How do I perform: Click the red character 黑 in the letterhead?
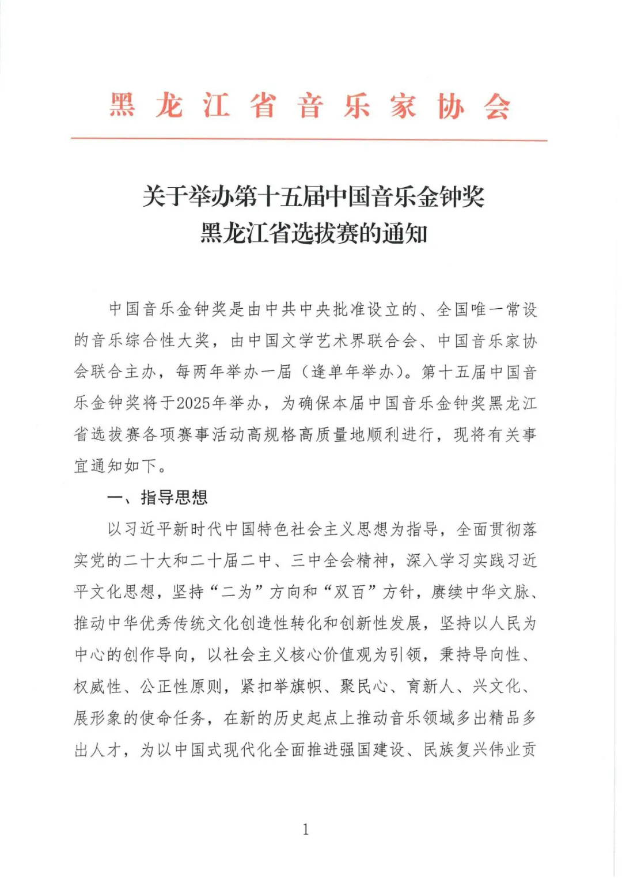[122, 106]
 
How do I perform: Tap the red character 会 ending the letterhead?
[497, 106]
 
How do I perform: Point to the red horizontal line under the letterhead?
[309, 139]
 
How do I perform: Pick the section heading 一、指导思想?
[158, 497]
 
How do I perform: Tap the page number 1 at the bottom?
[305, 829]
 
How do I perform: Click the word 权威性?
[97, 686]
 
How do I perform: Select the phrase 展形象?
[97, 718]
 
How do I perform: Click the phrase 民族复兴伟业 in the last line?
[471, 749]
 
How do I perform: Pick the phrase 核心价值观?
[330, 655]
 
